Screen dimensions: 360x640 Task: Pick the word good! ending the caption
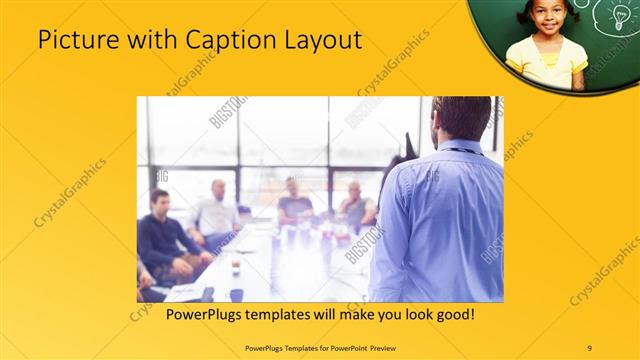point(453,315)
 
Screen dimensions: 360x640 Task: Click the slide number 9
point(589,347)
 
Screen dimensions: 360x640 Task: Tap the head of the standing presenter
point(462,118)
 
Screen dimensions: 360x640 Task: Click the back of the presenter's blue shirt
point(440,220)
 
